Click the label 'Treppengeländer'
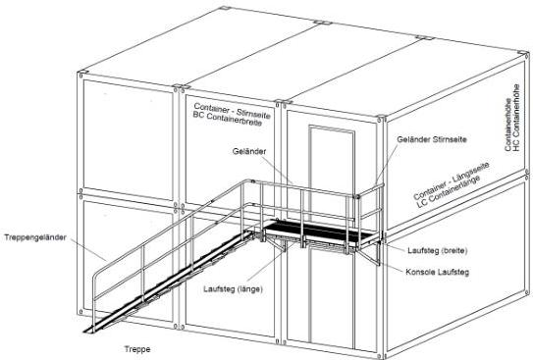(x=35, y=237)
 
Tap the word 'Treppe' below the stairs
(x=137, y=349)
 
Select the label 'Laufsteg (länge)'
(x=234, y=289)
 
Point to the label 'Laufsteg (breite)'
(x=438, y=251)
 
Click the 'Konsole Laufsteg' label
(x=438, y=272)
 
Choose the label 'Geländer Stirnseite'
(x=432, y=139)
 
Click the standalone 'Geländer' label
(x=249, y=151)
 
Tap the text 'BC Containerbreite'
(x=228, y=119)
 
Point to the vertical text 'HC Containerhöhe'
(x=516, y=118)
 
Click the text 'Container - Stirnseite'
(x=233, y=111)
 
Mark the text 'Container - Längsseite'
(x=451, y=180)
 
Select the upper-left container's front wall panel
(x=129, y=140)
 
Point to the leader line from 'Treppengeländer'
(x=88, y=249)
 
